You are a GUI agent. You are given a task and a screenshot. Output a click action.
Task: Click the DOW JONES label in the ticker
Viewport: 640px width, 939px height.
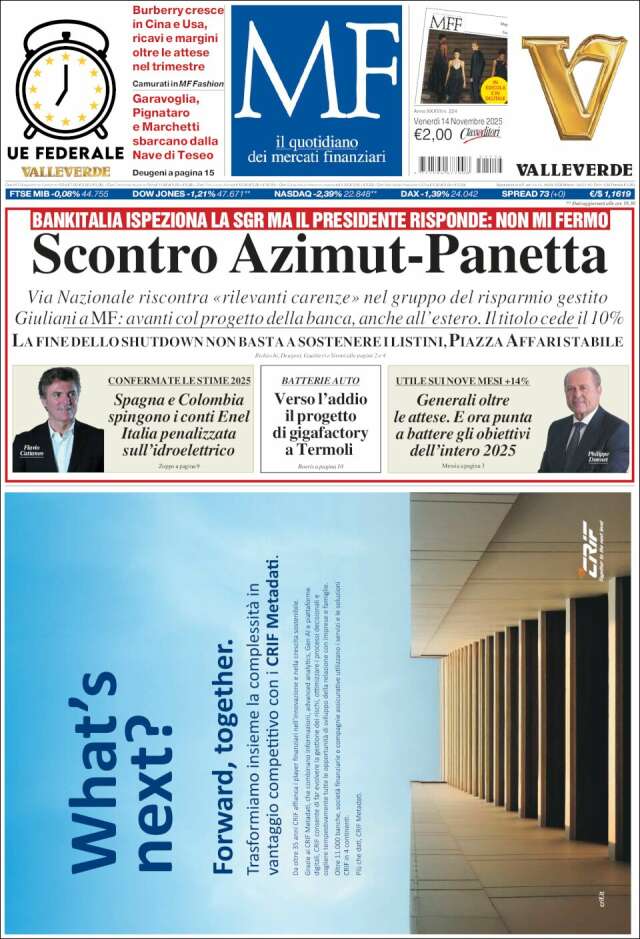[160, 194]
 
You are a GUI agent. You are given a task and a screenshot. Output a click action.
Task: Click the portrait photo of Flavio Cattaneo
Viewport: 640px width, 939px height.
[58, 418]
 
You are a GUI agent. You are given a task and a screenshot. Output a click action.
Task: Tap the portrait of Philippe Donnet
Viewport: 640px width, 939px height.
[582, 419]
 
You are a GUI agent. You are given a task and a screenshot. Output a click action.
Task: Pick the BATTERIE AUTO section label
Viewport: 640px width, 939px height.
[320, 381]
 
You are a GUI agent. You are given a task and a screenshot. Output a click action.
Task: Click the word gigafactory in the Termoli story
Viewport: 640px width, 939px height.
[320, 433]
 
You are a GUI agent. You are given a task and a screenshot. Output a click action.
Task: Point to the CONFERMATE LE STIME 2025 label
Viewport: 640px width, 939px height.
[179, 381]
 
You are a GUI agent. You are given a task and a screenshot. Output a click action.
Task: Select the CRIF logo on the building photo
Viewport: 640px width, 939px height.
[591, 550]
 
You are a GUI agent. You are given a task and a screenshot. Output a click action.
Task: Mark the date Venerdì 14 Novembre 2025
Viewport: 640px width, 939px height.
[460, 120]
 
